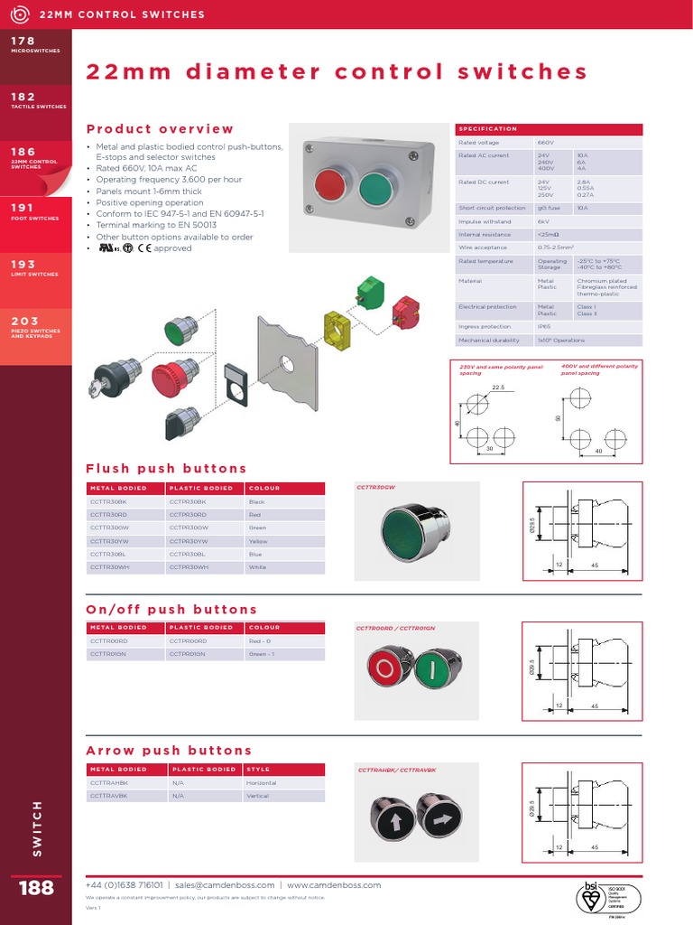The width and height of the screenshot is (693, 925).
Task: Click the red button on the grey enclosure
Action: pos(329,186)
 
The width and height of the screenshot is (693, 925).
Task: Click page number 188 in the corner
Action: pos(36,888)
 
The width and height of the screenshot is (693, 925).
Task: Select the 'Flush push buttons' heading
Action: pos(166,469)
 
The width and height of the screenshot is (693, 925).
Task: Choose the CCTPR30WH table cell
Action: pos(189,567)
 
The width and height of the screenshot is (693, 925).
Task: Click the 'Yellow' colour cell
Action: pos(258,541)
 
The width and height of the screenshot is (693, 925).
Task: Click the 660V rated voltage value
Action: pos(545,143)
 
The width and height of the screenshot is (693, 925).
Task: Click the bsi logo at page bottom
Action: pos(593,897)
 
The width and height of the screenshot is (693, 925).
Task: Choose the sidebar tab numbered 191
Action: pos(36,211)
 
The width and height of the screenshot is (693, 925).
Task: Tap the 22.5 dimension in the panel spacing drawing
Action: pos(498,388)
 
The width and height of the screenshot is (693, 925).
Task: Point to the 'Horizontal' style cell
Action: pos(262,783)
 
